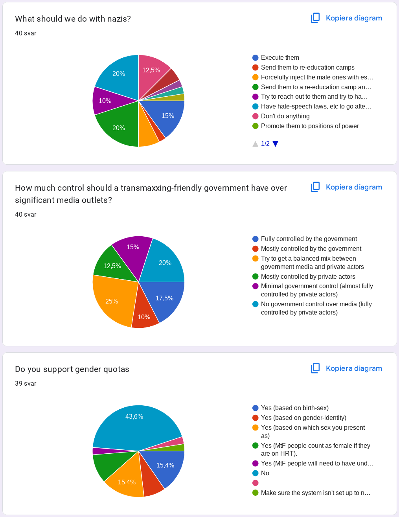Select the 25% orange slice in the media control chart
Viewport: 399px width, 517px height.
[112, 301]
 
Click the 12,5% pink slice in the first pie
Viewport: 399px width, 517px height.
[151, 71]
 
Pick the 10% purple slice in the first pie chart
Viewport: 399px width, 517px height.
[105, 101]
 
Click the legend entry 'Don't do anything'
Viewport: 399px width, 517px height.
[285, 116]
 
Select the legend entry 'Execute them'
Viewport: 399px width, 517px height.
[280, 58]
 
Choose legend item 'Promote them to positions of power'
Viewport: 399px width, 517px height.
[310, 126]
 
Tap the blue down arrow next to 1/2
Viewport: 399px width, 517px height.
[276, 144]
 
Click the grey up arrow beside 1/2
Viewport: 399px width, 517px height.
[256, 144]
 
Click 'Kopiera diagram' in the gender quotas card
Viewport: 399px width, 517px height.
[353, 368]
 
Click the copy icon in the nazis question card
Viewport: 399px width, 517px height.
[315, 18]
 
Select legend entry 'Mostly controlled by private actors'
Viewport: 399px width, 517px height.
[308, 277]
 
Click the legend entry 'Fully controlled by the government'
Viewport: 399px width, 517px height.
[309, 239]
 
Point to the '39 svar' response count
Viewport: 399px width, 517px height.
[26, 384]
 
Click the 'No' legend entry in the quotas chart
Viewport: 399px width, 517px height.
[265, 473]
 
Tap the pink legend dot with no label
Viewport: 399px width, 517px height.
[256, 483]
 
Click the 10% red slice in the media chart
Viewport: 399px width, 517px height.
[144, 316]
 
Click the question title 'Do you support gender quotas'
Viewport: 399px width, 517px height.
[72, 369]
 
